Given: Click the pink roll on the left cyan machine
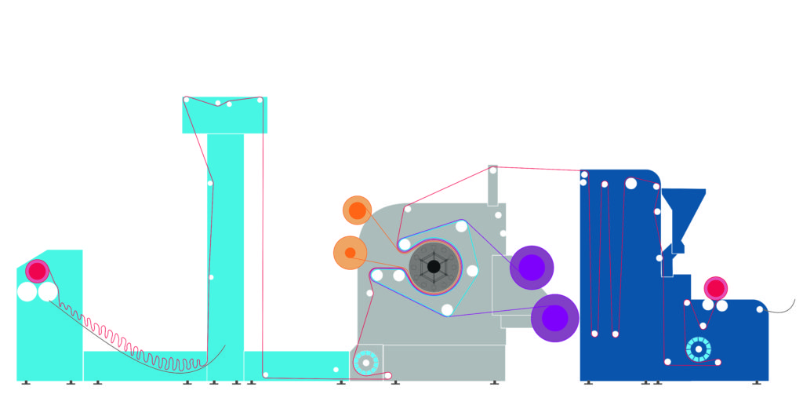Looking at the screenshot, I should pyautogui.click(x=37, y=271).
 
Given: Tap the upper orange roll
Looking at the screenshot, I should pyautogui.click(x=357, y=210).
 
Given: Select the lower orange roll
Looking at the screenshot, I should pyautogui.click(x=350, y=253).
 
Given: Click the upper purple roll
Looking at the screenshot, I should pyautogui.click(x=532, y=268).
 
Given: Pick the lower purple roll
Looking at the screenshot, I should pyautogui.click(x=554, y=318).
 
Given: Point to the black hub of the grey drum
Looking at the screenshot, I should pyautogui.click(x=434, y=267).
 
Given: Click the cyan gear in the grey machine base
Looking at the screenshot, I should pyautogui.click(x=365, y=363).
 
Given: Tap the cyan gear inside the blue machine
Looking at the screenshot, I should pyautogui.click(x=697, y=349).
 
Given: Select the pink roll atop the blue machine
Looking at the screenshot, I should pyautogui.click(x=715, y=288).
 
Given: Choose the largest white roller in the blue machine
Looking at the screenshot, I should pyautogui.click(x=631, y=184).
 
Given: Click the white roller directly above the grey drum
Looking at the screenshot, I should pyautogui.click(x=462, y=227).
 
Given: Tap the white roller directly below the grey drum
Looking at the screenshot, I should pyautogui.click(x=447, y=309).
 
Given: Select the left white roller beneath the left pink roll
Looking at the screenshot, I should pyautogui.click(x=27, y=292).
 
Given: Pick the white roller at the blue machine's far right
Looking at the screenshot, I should pyautogui.click(x=759, y=309).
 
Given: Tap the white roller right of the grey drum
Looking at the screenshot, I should pyautogui.click(x=472, y=271).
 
